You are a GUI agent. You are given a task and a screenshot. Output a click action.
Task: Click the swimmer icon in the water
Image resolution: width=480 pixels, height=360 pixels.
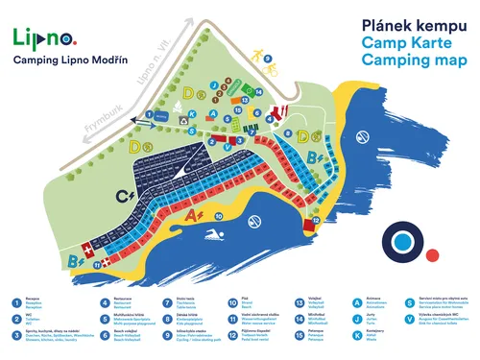pyautogui.click(x=220, y=235)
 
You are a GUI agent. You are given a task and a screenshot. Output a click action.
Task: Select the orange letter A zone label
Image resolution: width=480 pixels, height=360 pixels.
pyautogui.click(x=193, y=217)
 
